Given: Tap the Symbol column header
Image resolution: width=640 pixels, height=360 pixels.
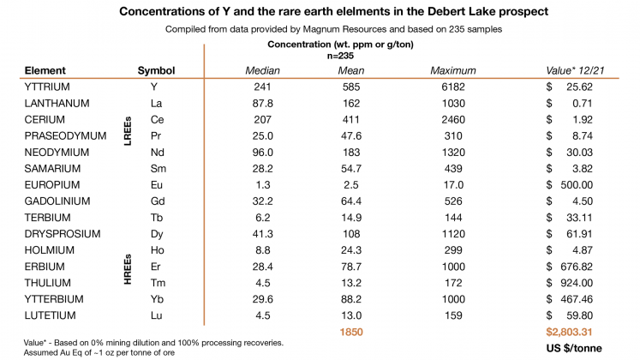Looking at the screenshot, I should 156,69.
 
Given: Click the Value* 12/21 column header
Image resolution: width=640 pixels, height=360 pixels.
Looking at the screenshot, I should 578,69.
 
